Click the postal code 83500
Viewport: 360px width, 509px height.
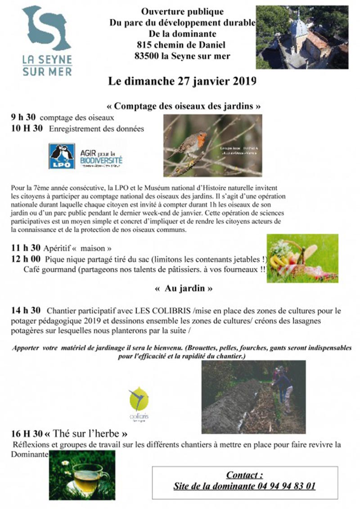tap(148, 56)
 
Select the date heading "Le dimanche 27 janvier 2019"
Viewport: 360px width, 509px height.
tap(182, 81)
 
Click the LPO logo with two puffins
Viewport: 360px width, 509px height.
tap(62, 156)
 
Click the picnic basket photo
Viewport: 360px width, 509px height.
tap(302, 258)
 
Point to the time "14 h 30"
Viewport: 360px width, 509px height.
tap(26, 310)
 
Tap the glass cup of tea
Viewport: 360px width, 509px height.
tap(89, 476)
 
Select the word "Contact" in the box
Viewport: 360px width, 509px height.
tap(244, 475)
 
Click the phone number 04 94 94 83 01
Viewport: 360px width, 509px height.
tap(287, 486)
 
